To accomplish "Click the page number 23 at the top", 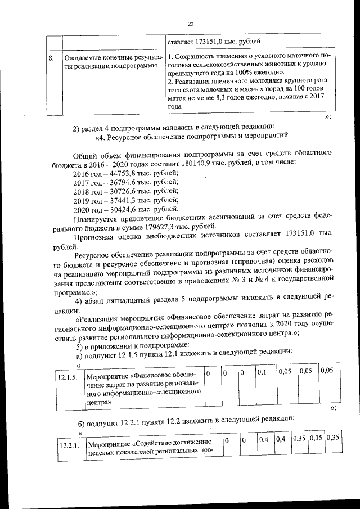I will tap(190, 24).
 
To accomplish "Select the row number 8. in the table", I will tap(51, 58).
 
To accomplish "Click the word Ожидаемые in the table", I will tap(83, 58).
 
